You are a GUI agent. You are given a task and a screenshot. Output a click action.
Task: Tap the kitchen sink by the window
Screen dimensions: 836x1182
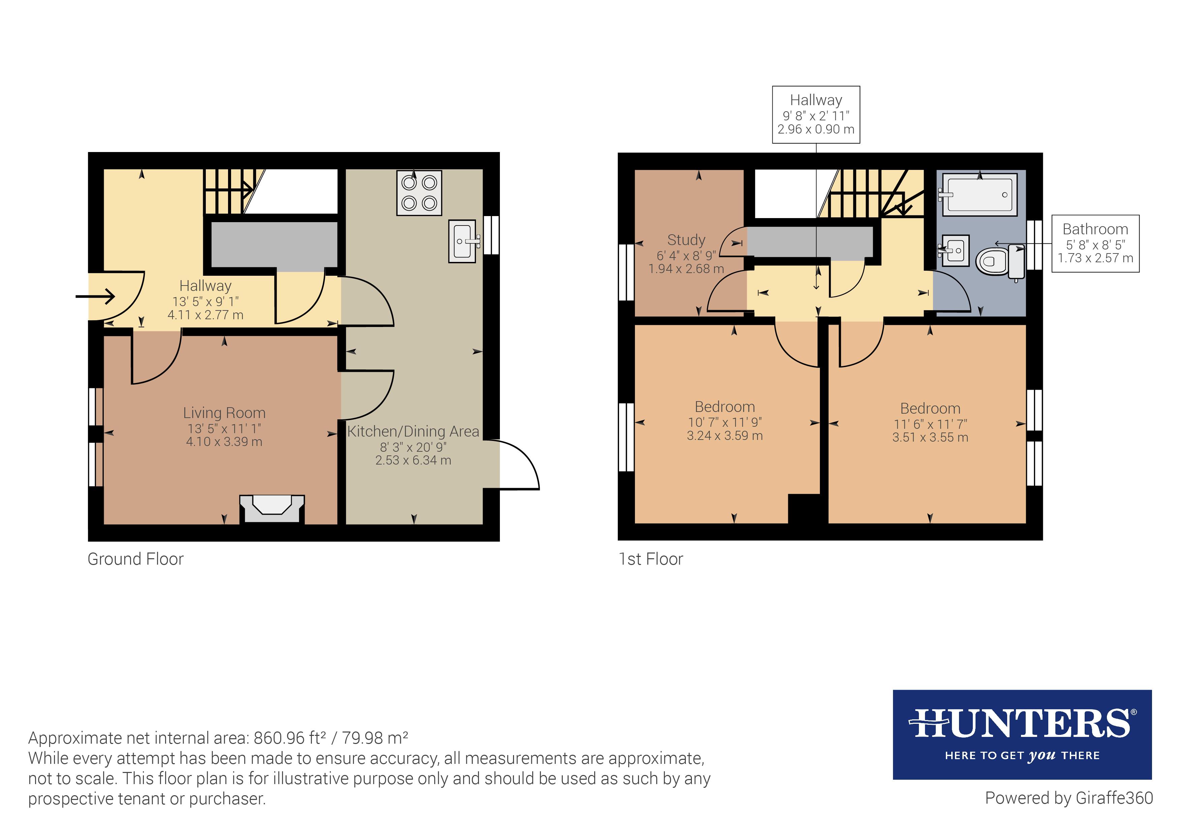coord(462,241)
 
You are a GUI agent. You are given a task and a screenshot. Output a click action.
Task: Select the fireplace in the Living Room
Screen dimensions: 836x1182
coord(272,508)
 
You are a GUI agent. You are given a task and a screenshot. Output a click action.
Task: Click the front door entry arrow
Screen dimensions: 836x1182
coord(95,296)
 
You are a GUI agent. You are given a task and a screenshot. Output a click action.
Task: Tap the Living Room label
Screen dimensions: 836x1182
coord(224,413)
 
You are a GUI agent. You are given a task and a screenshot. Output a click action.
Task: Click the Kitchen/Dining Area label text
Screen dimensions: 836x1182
coord(413,431)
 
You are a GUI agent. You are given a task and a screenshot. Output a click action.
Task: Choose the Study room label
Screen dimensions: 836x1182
coord(686,240)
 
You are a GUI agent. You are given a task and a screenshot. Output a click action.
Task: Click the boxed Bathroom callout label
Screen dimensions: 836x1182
coord(1095,243)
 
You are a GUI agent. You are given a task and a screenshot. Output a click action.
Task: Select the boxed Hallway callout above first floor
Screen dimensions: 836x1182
coord(816,114)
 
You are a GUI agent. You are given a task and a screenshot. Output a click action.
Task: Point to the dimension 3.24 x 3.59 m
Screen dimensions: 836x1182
coord(725,436)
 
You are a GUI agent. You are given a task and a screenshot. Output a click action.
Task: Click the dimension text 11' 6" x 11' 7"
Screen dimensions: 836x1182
coord(930,424)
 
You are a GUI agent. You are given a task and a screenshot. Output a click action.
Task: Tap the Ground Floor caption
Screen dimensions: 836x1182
coord(135,559)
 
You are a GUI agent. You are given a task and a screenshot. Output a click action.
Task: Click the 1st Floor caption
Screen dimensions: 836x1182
coord(651,559)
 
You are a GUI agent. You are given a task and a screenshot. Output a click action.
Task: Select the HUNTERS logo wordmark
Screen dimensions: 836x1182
coord(1022,724)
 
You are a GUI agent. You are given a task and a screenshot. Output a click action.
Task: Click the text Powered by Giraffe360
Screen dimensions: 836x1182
coord(1069,798)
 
